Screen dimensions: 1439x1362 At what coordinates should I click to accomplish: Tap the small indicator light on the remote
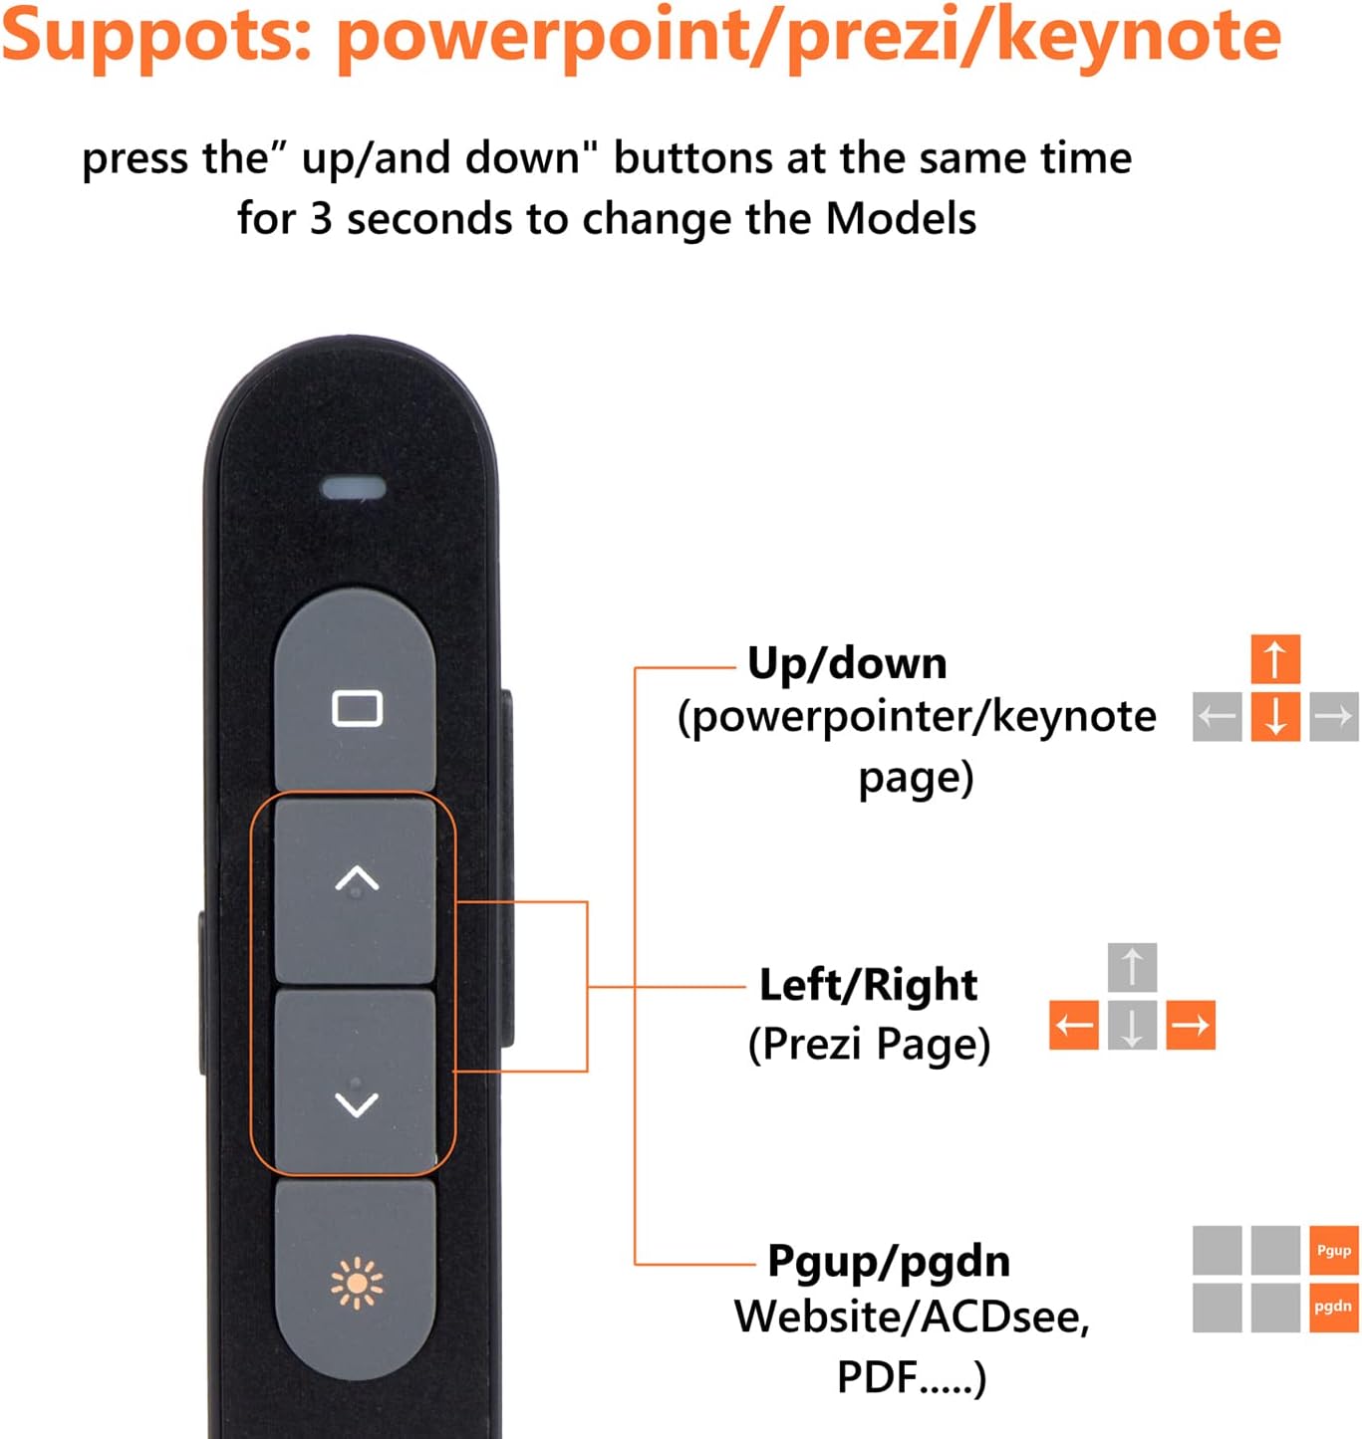pyautogui.click(x=353, y=488)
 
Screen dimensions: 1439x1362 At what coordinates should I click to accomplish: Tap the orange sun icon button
pyautogui.click(x=356, y=1283)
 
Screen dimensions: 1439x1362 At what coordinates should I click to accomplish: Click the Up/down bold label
pyautogui.click(x=847, y=663)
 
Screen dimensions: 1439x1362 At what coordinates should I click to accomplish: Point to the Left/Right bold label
pyautogui.click(x=868, y=985)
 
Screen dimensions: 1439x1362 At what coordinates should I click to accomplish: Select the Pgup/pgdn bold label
pyautogui.click(x=889, y=1261)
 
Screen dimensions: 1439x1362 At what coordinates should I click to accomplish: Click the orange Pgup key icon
pyautogui.click(x=1333, y=1251)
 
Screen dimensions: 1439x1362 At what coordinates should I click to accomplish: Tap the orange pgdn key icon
pyautogui.click(x=1333, y=1307)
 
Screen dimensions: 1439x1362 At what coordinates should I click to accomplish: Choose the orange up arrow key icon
pyautogui.click(x=1275, y=659)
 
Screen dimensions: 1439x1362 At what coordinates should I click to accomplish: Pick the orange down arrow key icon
pyautogui.click(x=1275, y=716)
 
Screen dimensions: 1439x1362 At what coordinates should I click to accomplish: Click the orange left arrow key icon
pyautogui.click(x=1073, y=1025)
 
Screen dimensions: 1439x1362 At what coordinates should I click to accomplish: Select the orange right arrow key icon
pyautogui.click(x=1190, y=1025)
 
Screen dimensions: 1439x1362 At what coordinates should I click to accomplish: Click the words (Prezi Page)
pyautogui.click(x=869, y=1045)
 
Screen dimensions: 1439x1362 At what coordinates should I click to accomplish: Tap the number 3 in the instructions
pyautogui.click(x=320, y=219)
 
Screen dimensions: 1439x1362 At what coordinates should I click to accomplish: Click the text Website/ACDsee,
pyautogui.click(x=912, y=1318)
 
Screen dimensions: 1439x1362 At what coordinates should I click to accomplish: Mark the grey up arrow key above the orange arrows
pyautogui.click(x=1132, y=967)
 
